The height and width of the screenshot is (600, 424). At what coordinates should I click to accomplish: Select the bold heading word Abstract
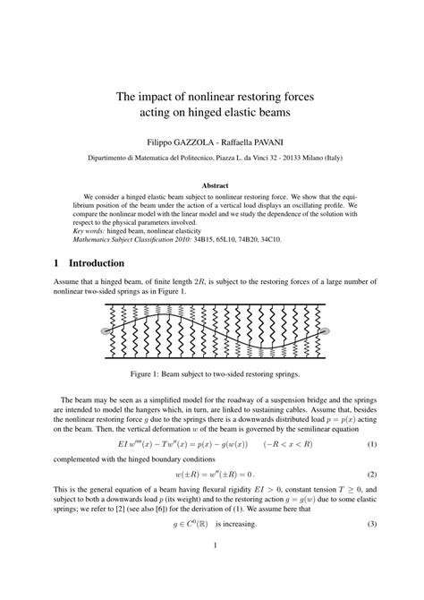point(212,184)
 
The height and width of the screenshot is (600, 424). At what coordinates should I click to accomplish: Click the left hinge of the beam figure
point(106,332)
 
